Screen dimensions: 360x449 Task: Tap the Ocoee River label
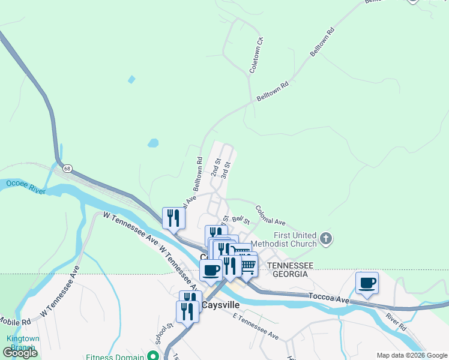(26, 187)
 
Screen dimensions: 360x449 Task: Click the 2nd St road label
(215, 167)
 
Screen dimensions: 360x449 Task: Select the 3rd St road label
(225, 169)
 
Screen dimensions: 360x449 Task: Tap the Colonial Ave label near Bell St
(270, 214)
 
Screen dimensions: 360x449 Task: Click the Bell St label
(240, 221)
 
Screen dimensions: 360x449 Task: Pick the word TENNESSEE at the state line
(291, 265)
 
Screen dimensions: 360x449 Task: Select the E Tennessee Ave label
(255, 327)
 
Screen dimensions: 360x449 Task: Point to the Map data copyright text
(411, 355)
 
